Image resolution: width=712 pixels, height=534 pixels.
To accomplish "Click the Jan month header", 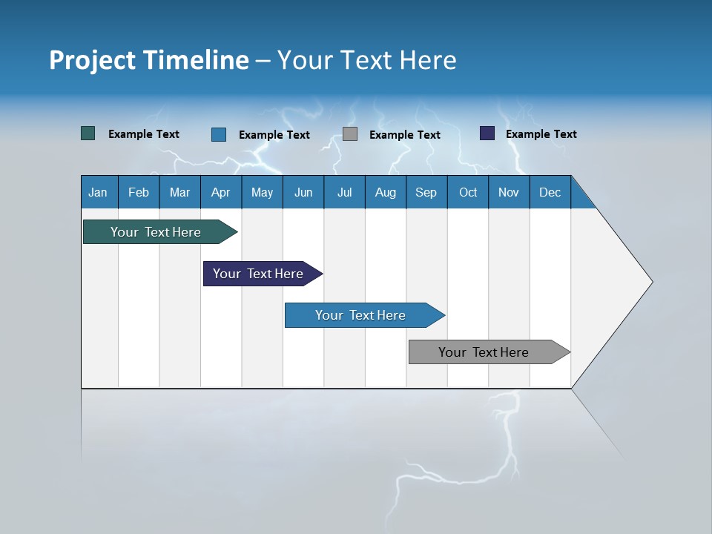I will (99, 192).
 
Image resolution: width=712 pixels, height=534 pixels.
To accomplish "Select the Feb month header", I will (139, 192).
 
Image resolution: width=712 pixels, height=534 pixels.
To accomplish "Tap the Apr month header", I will (221, 192).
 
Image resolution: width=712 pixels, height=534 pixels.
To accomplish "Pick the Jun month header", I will (303, 192).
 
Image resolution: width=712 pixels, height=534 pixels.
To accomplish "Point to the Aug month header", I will (386, 192).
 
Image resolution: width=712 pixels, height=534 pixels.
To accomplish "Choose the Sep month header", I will (426, 192).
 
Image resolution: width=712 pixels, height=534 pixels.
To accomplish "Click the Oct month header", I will (468, 192).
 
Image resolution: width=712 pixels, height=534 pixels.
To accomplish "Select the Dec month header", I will (550, 192).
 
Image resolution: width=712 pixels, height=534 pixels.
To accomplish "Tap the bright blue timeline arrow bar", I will (361, 315).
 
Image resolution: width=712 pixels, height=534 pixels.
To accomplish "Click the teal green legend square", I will (88, 133).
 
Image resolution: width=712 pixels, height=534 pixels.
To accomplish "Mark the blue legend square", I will (219, 134).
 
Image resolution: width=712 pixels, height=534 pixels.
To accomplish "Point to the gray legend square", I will (350, 134).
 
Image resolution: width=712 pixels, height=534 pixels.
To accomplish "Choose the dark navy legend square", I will (487, 133).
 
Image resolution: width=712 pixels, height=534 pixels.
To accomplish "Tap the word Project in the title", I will (91, 59).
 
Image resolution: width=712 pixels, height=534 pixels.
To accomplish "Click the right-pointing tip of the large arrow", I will (650, 282).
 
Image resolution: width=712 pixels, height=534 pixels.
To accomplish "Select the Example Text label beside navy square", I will (541, 134).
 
